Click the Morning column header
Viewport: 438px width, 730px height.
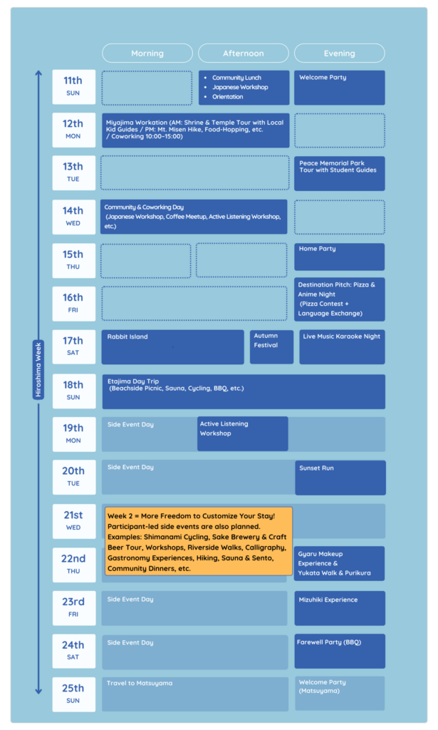(147, 53)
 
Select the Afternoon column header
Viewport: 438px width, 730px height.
(243, 53)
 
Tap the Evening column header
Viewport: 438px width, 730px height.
(340, 53)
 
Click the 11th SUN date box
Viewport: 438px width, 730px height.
(74, 87)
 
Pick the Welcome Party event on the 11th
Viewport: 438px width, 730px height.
(340, 88)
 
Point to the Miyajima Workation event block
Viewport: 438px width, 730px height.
(196, 130)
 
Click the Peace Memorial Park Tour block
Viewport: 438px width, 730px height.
(340, 173)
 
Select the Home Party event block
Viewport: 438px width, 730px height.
(340, 257)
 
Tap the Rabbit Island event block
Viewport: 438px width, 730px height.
(172, 347)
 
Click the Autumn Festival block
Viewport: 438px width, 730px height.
(271, 347)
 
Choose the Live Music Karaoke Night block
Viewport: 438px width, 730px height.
(343, 347)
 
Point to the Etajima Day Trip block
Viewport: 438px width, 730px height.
(244, 391)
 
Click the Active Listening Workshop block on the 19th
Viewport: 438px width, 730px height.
(243, 433)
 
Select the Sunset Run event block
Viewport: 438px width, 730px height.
(340, 478)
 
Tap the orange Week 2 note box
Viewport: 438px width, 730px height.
(199, 542)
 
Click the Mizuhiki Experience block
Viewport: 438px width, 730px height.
(340, 608)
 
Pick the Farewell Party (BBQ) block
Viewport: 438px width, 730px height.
(340, 651)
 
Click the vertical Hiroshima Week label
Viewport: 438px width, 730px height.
(38, 370)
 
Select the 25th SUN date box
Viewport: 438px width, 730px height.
(74, 694)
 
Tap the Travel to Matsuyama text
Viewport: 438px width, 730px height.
(140, 683)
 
